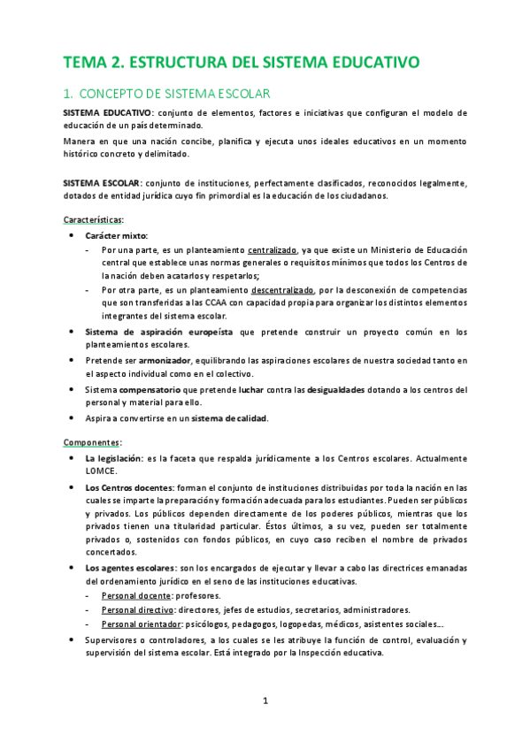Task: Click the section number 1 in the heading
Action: click(x=67, y=93)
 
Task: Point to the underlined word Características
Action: click(x=94, y=218)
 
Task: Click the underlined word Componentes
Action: click(x=92, y=442)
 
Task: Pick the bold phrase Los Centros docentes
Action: click(x=129, y=487)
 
